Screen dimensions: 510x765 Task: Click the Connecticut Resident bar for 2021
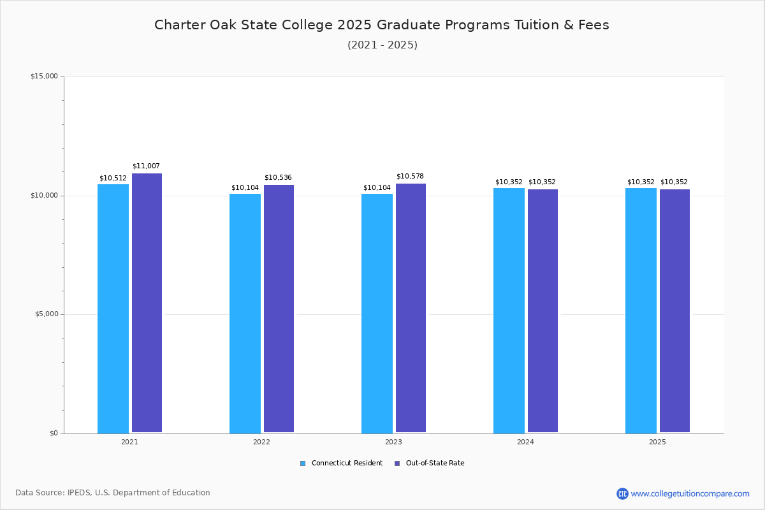point(113,309)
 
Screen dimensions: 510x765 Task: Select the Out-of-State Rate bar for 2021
point(147,303)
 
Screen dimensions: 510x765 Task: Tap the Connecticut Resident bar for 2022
point(245,313)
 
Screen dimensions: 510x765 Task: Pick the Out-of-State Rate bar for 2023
point(411,309)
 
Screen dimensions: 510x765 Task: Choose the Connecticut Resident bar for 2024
point(509,310)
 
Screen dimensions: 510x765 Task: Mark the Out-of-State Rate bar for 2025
point(674,311)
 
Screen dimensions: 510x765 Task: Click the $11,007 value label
point(146,166)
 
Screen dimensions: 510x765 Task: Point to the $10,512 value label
point(113,178)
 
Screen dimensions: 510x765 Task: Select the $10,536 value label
point(278,177)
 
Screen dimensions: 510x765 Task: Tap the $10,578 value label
point(410,177)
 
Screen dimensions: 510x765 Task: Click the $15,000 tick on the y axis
point(44,76)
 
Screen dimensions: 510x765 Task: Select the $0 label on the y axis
point(54,433)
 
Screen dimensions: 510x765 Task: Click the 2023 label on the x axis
point(393,442)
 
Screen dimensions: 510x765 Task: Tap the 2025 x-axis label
point(657,442)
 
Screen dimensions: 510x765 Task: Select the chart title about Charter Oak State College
point(382,25)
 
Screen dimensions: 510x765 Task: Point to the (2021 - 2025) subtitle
point(382,45)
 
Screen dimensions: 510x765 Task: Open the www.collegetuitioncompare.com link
point(690,493)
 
